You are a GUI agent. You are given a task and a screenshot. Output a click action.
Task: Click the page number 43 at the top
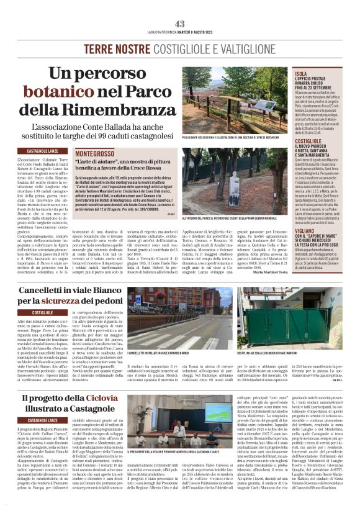coord(180,24)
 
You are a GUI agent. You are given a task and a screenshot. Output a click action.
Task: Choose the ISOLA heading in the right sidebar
coord(301,73)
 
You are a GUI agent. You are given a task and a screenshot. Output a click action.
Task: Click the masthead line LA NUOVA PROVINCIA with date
coord(180,32)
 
